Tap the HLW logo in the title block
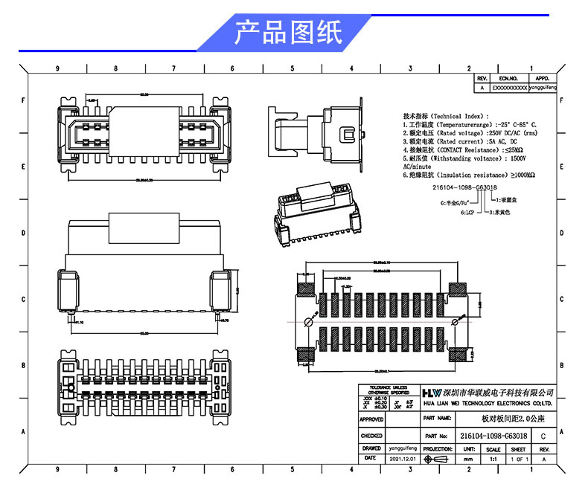tap(432, 392)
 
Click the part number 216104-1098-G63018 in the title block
tap(494, 436)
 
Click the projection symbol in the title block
tap(437, 460)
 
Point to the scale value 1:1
tap(493, 460)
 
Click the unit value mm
tap(468, 460)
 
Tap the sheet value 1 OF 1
tap(519, 460)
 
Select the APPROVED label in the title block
tap(371, 420)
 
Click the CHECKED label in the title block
tap(371, 436)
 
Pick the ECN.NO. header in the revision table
tap(508, 77)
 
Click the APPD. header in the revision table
tap(542, 77)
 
